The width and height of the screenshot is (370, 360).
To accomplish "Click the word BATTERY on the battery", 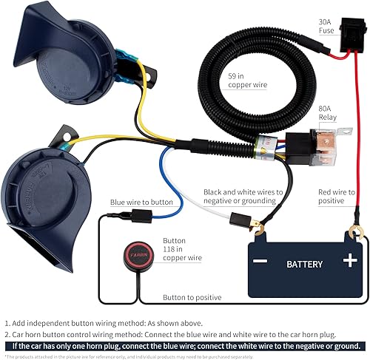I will coord(304,264).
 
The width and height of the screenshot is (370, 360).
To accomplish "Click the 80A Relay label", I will coord(328,112).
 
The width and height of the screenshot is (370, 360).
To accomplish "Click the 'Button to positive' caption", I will coord(192,297).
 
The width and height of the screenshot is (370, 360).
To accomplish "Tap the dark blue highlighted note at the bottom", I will coord(185,345).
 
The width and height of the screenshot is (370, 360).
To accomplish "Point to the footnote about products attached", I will coord(133,356).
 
